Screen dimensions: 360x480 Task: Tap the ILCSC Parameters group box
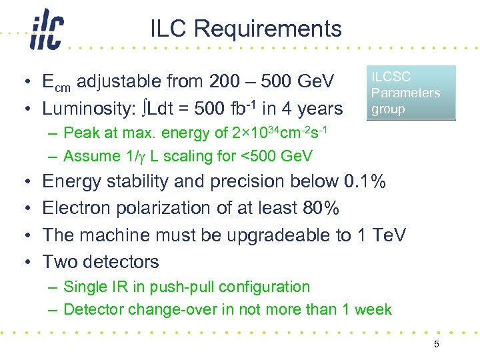tap(411, 93)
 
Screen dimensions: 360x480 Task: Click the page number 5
tap(437, 345)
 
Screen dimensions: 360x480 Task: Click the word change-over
tap(163, 309)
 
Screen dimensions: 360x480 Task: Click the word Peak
tap(82, 133)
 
